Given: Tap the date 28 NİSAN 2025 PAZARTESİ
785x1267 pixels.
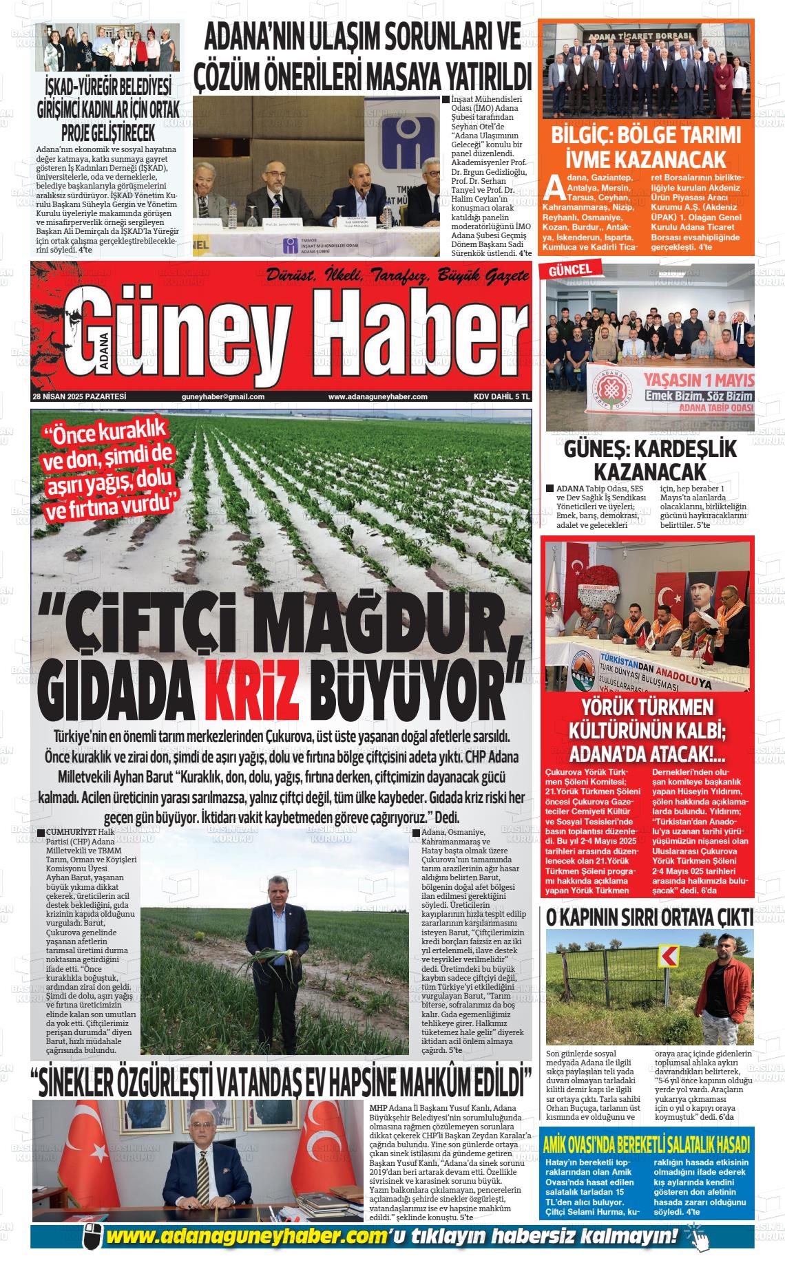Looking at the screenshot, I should coord(78,396).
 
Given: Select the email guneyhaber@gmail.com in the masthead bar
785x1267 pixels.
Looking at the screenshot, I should coord(223,396).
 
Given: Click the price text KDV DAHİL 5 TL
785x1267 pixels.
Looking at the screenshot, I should coord(501,396).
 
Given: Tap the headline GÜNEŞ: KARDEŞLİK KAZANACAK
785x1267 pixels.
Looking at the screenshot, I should coord(649,460).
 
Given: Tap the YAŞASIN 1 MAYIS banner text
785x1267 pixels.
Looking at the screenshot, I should coord(698,380).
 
